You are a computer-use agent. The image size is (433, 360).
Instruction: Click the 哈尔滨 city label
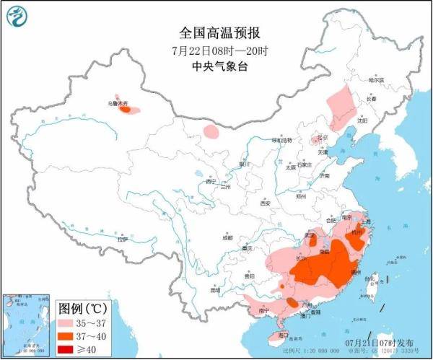[x=376, y=81]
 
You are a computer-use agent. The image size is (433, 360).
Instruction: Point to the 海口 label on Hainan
[x=283, y=335]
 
